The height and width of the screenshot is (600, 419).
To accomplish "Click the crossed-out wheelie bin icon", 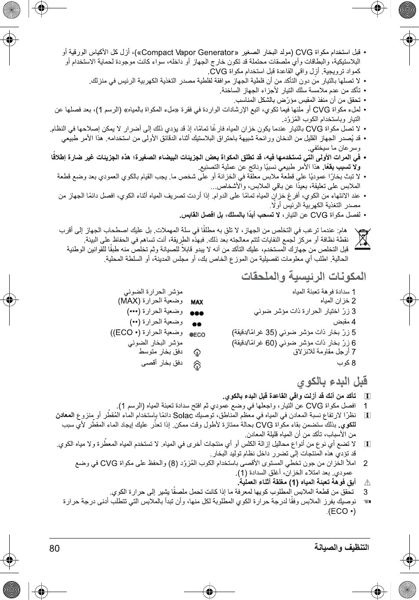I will point(362,239).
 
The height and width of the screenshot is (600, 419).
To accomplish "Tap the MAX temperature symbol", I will point(197,302).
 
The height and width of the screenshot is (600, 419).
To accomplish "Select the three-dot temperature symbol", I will point(197,313).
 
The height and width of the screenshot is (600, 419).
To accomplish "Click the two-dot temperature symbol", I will point(197,324).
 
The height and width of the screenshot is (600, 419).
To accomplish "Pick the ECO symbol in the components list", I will point(197,335).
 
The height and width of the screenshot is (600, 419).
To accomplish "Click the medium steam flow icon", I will point(197,352).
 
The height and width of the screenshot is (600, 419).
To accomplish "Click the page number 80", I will point(54,548).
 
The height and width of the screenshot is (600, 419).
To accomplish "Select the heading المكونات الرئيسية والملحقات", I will point(303,276).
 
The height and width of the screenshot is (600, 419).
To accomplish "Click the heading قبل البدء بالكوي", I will point(332,381).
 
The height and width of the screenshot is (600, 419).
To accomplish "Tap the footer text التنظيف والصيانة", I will point(341,547).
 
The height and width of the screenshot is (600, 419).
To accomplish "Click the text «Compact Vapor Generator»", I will point(189,52).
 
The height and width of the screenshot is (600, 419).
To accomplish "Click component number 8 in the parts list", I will point(354,363).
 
